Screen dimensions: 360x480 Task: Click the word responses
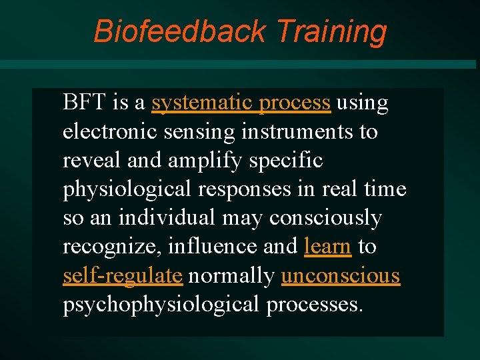coord(243,189)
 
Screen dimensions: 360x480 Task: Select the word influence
coord(213,247)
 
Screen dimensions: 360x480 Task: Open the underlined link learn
coord(327,247)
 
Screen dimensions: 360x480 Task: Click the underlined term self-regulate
coord(123,275)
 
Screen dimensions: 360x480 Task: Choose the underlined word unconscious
coord(341,275)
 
